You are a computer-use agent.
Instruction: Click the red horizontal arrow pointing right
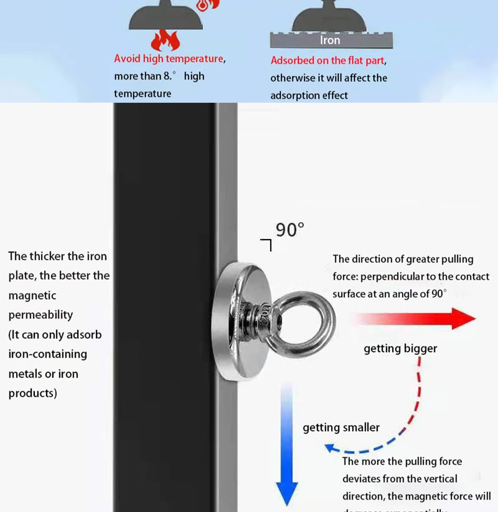(x=415, y=318)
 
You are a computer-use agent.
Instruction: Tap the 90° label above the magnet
(x=289, y=229)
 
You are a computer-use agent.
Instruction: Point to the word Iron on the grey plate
(x=330, y=40)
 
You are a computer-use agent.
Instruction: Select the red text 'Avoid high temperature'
(x=169, y=59)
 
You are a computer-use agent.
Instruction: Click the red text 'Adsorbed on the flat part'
(x=327, y=61)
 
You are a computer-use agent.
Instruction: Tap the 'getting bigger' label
(x=400, y=349)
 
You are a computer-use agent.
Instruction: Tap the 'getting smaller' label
(x=341, y=427)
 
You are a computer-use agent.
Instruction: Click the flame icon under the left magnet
(x=165, y=40)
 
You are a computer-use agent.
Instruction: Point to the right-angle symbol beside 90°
(x=267, y=244)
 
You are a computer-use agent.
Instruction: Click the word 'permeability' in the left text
(x=40, y=315)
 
